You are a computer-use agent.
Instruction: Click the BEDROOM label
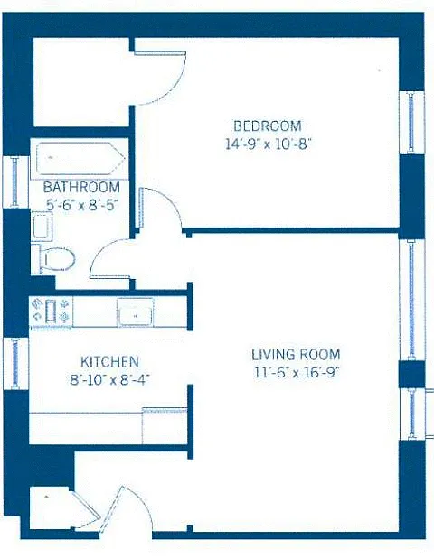pos(268,126)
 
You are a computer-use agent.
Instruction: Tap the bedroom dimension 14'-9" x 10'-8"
pos(269,144)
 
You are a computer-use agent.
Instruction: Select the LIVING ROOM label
pos(296,355)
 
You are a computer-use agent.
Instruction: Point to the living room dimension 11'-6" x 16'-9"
pos(296,373)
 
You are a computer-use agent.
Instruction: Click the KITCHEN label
pos(109,362)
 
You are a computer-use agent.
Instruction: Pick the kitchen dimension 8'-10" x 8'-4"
pos(109,380)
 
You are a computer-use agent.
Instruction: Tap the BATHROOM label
pos(81,187)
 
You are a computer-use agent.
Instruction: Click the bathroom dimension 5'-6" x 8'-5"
pos(82,205)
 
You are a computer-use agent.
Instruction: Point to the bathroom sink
pos(42,227)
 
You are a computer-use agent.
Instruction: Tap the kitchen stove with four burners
pos(51,311)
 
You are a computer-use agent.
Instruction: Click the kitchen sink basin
pos(136,312)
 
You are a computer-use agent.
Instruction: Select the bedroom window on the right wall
pos(411,123)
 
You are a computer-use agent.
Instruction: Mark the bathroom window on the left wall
pos(15,181)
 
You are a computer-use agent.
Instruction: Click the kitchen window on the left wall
pos(15,364)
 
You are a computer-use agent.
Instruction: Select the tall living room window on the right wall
pos(411,300)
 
